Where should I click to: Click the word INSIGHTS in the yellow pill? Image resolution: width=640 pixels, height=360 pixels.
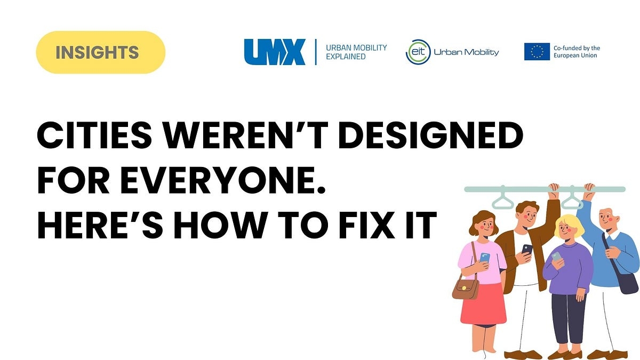tap(97, 52)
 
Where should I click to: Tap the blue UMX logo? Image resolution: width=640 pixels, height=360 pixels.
tap(275, 52)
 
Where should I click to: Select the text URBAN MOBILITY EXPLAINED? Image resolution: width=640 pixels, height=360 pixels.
tap(356, 52)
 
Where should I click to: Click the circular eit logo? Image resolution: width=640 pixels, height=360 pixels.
tap(418, 52)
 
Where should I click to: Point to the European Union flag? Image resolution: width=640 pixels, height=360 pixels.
tap(537, 52)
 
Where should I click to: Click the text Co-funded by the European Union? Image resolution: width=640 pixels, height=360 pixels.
tap(577, 52)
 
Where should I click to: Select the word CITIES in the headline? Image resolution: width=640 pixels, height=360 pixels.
tap(94, 135)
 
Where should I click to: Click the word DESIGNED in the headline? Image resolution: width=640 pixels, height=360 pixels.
tap(430, 135)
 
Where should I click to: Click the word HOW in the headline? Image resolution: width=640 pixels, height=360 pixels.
tap(221, 225)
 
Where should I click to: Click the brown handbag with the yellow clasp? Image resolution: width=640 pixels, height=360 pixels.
tap(466, 289)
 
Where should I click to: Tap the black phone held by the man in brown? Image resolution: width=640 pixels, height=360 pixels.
tap(527, 249)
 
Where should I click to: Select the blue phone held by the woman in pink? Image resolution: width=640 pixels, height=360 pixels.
tap(485, 258)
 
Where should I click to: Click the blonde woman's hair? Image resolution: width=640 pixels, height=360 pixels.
tap(570, 226)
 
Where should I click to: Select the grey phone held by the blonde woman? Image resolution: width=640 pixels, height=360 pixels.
tap(556, 257)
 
